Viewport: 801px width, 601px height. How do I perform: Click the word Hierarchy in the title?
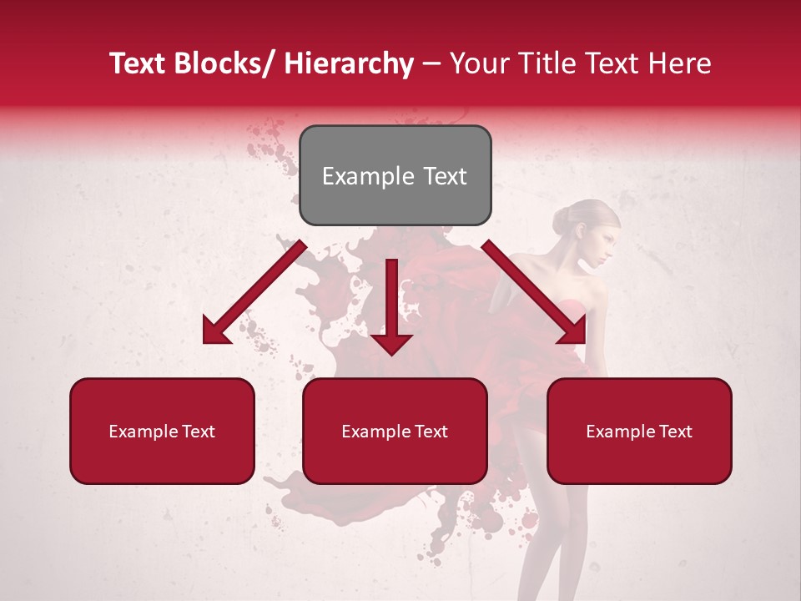pos(349,63)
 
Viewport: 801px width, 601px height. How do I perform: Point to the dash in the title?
pos(431,64)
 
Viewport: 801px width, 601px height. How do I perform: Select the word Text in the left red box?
pos(196,432)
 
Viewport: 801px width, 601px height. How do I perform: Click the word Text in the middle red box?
pos(429,432)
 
